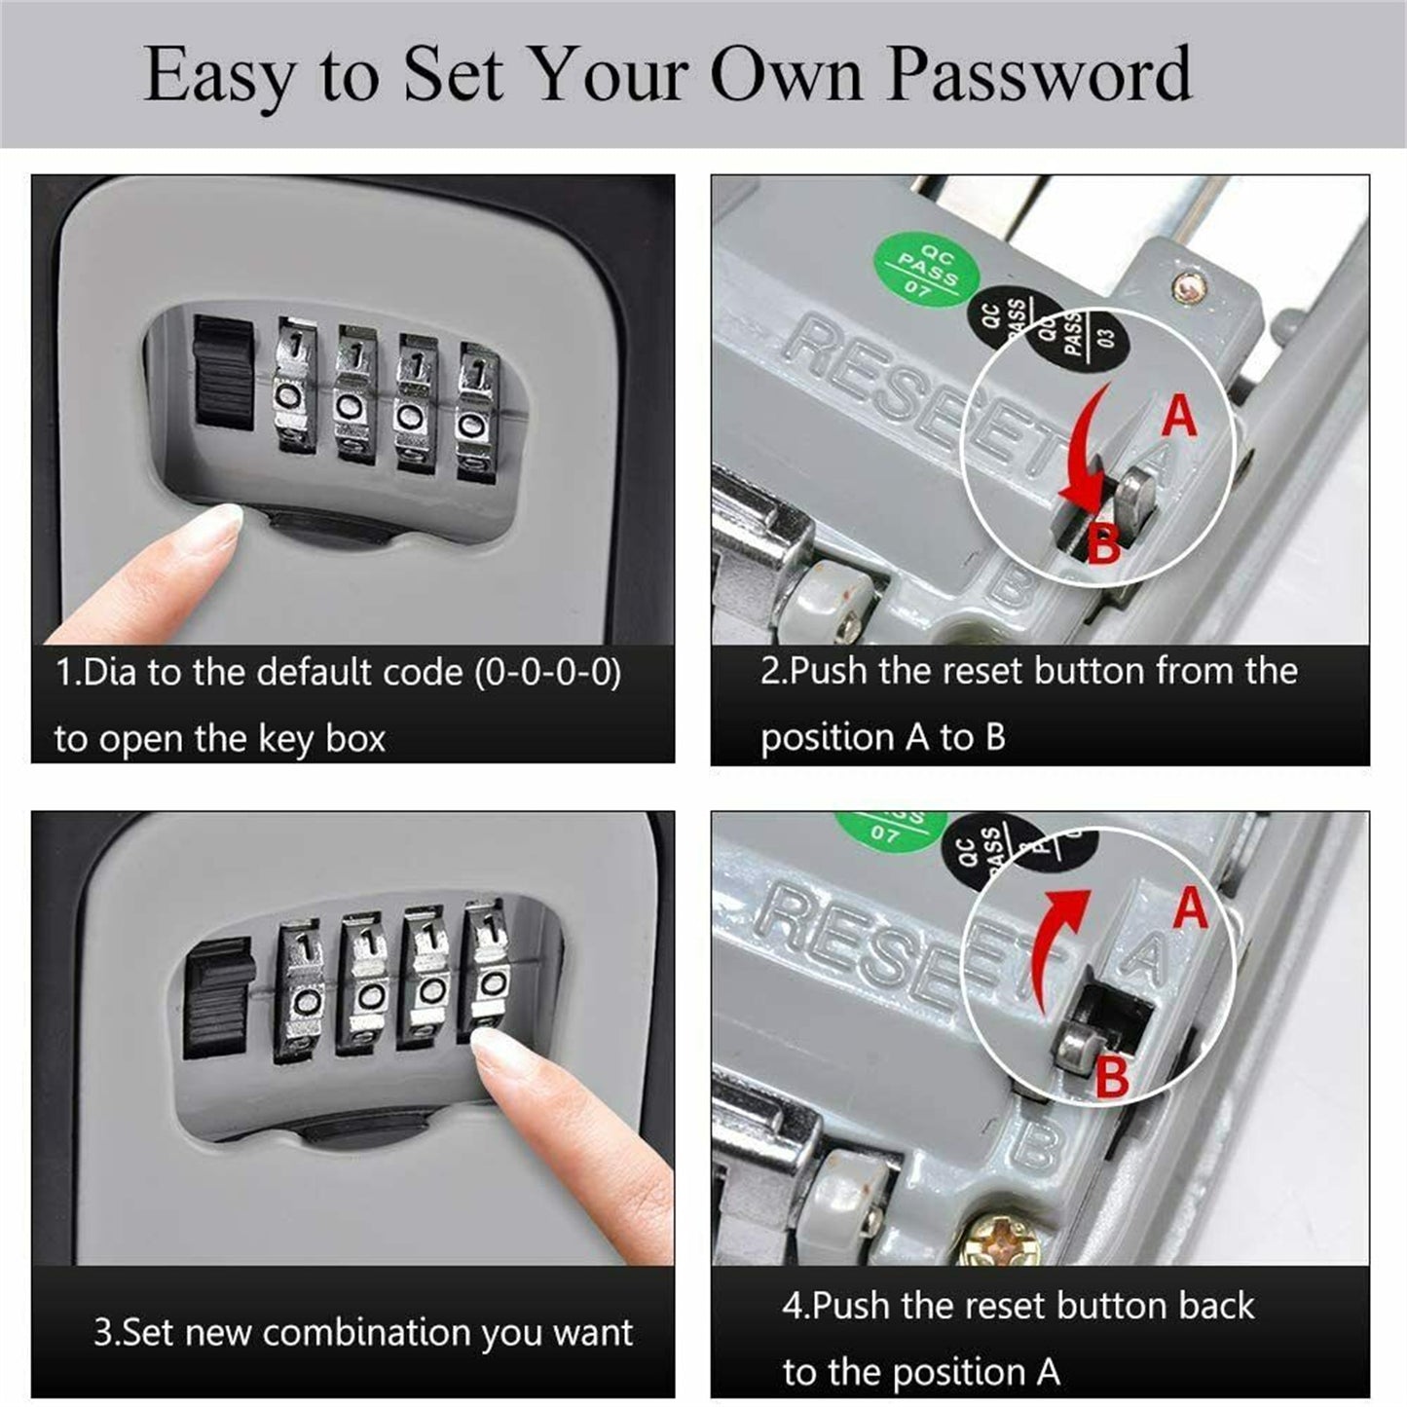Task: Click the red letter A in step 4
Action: click(1190, 907)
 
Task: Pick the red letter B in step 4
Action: click(1112, 1078)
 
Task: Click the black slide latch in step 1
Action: click(224, 372)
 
